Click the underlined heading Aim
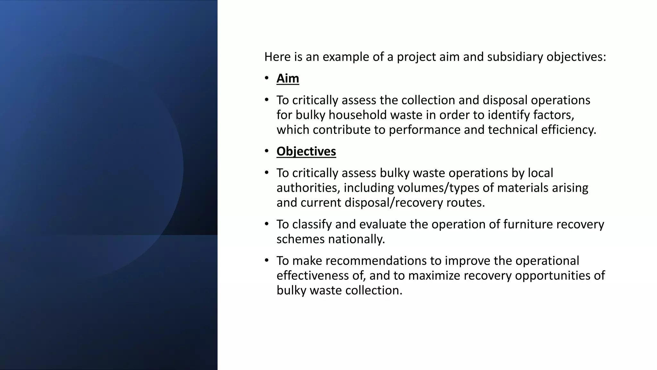point(288,79)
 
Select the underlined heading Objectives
point(306,152)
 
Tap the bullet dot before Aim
point(267,78)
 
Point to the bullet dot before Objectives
point(267,151)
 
